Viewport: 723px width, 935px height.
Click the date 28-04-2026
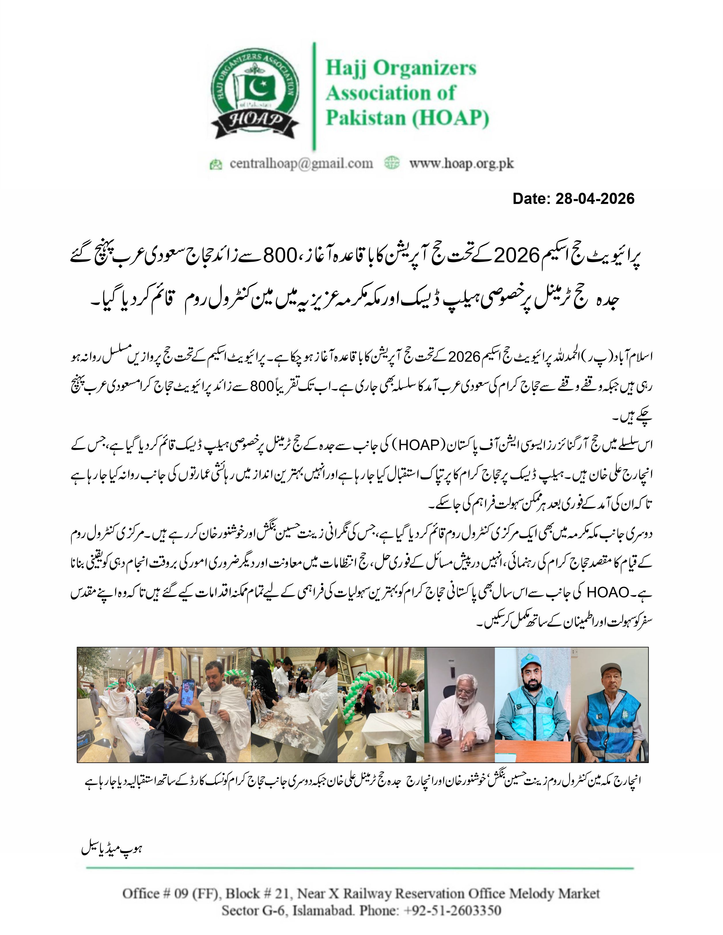(595, 199)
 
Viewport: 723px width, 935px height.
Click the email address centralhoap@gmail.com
(301, 164)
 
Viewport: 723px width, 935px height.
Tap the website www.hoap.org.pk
(461, 164)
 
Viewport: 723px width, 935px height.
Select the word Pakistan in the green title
(365, 118)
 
